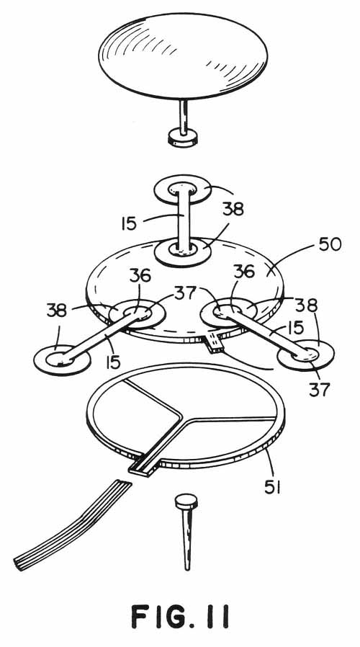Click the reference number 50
(330, 244)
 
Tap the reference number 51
(273, 488)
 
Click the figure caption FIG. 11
(180, 617)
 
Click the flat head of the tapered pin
(186, 501)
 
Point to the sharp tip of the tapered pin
(187, 569)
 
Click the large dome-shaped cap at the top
(183, 56)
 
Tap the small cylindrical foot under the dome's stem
(183, 137)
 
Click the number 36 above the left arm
(140, 276)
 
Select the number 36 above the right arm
(243, 272)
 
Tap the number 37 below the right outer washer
(320, 389)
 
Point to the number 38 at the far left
(56, 311)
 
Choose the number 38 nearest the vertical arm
(233, 210)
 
